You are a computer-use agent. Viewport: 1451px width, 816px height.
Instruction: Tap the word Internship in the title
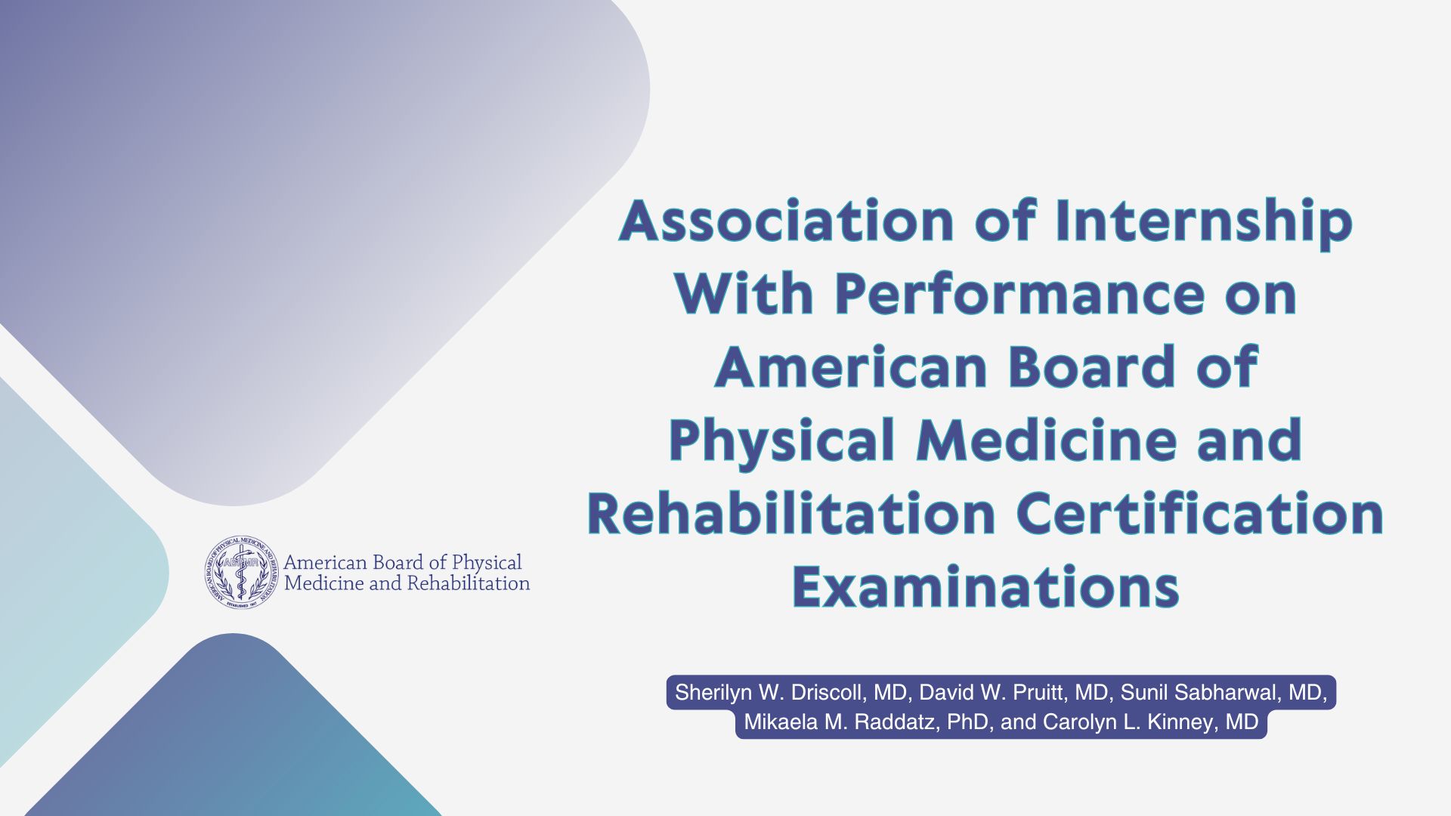1203,224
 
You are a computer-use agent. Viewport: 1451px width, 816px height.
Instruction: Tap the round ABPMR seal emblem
242,572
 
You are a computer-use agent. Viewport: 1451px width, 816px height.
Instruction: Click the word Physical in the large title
782,442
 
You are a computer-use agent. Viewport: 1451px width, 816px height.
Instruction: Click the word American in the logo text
325,563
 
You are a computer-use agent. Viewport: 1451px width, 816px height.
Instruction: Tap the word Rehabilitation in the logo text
469,583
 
